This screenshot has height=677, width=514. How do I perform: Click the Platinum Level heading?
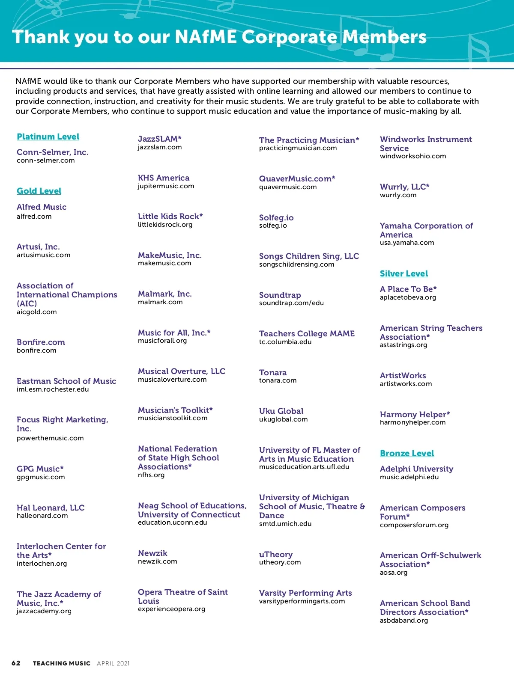point(48,137)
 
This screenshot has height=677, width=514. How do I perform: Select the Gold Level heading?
point(39,191)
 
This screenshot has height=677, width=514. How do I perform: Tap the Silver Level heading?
point(403,273)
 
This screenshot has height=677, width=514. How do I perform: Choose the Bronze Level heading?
point(407,453)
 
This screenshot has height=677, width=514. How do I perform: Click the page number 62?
point(16,663)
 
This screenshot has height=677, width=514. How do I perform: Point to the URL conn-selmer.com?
point(45,160)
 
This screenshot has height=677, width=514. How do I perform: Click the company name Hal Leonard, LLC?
point(51,508)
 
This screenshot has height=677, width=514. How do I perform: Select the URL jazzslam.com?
point(160,147)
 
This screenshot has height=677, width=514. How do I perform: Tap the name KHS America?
point(164,178)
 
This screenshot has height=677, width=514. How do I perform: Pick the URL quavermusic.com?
point(288,187)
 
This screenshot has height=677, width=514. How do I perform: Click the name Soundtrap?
point(280,295)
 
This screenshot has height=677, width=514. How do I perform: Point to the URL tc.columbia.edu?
point(285,342)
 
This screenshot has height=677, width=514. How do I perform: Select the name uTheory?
point(276,554)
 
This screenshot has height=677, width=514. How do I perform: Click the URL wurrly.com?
point(398,195)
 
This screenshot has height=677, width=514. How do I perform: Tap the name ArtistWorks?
point(403,375)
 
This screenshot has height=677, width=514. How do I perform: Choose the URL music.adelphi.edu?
point(409,477)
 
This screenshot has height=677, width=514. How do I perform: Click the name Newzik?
point(152,553)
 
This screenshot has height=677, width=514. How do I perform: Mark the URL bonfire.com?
point(36,350)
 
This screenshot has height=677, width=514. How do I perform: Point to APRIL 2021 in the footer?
point(113,663)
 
